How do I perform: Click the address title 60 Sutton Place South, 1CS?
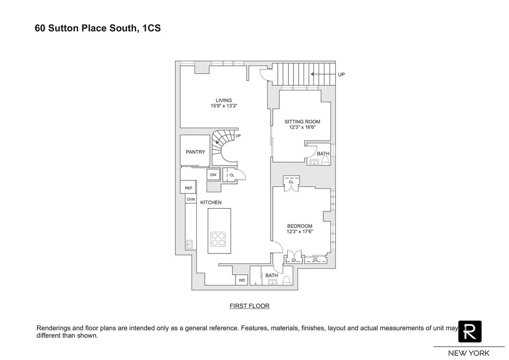98,29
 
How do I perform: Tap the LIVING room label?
224,101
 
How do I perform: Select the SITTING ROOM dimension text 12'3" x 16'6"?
302,127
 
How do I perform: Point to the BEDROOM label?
299,226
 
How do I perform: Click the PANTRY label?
195,152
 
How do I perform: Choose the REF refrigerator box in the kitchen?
188,188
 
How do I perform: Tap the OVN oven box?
191,199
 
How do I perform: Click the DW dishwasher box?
213,175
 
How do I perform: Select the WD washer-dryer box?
242,280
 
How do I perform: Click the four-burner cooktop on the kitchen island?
218,239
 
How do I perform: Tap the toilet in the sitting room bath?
325,160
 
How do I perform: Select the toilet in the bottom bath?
286,280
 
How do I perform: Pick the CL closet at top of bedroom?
291,182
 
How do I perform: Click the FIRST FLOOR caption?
249,306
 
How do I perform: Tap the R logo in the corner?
470,332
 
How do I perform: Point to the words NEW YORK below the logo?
469,353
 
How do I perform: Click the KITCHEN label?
211,202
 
